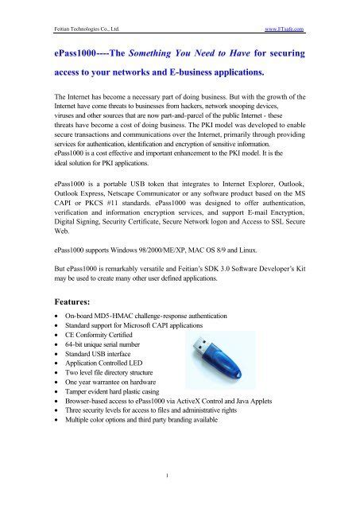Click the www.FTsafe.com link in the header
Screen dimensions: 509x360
click(284, 28)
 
